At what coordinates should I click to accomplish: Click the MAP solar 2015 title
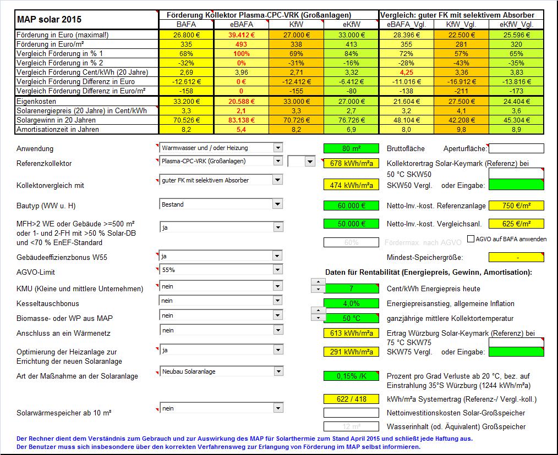[x=50, y=19]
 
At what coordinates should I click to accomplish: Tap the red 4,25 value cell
[x=406, y=72]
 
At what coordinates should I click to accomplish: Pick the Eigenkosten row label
[x=36, y=102]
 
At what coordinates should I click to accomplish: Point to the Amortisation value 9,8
[x=461, y=129]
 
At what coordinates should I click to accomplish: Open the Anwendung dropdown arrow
[x=277, y=148]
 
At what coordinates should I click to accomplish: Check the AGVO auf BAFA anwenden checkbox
[x=471, y=239]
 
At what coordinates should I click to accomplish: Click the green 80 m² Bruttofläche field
[x=351, y=148]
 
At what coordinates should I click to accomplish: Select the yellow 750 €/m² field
[x=516, y=206]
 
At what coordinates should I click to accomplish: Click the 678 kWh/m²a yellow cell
[x=351, y=163]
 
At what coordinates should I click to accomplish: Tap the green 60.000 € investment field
[x=351, y=206]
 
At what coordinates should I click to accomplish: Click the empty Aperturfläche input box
[x=516, y=148]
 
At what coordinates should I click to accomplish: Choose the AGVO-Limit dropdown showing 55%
[x=220, y=270]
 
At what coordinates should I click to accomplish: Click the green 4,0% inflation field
[x=351, y=303]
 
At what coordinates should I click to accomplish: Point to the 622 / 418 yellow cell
[x=351, y=399]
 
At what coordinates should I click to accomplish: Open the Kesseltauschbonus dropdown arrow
[x=277, y=301]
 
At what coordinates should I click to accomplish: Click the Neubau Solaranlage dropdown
[x=220, y=371]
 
